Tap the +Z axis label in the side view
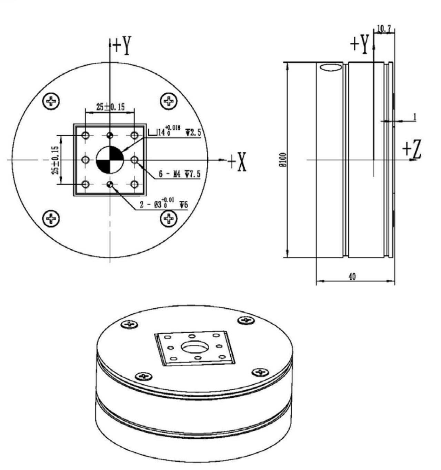click(412, 150)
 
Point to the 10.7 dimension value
click(384, 29)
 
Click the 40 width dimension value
click(352, 276)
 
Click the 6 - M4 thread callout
click(179, 175)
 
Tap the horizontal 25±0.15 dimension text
click(110, 107)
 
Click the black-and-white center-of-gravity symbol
click(110, 160)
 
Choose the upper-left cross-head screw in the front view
click(51, 101)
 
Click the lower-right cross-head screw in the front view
click(169, 218)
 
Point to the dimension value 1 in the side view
click(415, 117)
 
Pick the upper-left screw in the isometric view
click(130, 324)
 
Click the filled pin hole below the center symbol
click(110, 185)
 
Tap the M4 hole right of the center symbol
click(134, 160)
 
